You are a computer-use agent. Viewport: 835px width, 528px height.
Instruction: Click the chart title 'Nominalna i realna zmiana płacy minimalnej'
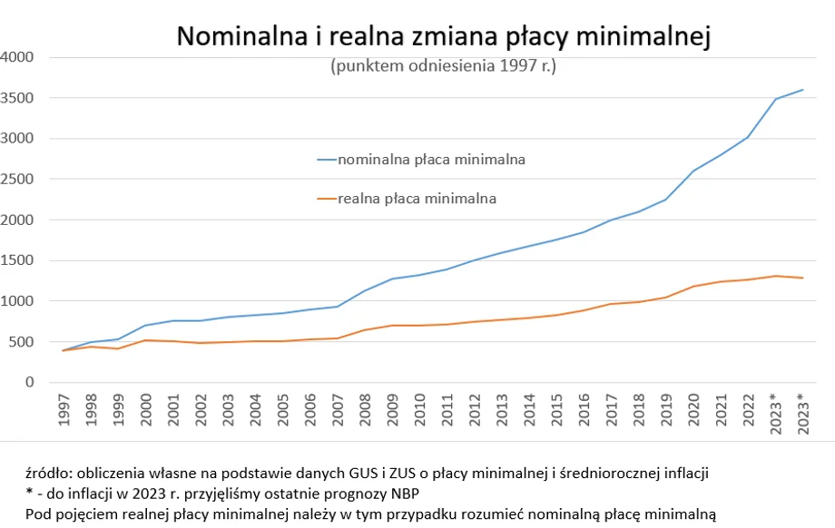coord(442,36)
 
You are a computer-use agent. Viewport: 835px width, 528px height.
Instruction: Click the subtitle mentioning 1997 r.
coord(443,66)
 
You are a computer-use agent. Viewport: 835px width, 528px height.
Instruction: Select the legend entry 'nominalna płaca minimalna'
coord(431,160)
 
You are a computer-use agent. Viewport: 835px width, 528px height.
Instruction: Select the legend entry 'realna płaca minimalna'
coord(417,198)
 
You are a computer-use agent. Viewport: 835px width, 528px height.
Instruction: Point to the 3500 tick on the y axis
coord(17,98)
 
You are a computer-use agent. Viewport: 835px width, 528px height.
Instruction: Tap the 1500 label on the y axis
coord(17,260)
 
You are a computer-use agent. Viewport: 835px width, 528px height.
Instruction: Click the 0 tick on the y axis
coord(29,383)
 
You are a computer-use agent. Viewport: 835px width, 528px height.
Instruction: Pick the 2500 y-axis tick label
coord(17,179)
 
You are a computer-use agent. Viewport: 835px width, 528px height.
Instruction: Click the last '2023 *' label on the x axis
coord(802,415)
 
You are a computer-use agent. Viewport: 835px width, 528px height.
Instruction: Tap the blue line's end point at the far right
coord(802,90)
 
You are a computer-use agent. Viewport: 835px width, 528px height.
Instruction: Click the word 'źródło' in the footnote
coord(46,473)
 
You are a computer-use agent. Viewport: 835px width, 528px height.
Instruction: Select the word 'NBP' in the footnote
coord(404,494)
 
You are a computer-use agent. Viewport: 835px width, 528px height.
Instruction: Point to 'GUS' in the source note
coord(361,473)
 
